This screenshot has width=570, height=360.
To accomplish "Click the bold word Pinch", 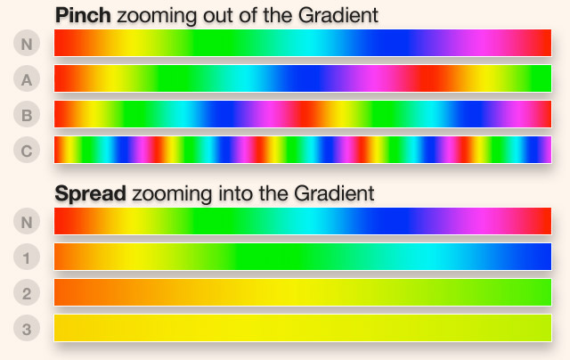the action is click(x=83, y=15).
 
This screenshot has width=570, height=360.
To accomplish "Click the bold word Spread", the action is click(x=91, y=193).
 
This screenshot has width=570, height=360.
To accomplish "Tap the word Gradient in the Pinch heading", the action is click(x=338, y=15).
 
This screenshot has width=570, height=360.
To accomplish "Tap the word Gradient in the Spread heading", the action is click(x=334, y=193).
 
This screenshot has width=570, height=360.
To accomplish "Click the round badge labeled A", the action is click(x=27, y=79).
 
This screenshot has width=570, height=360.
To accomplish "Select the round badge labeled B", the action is click(x=27, y=115).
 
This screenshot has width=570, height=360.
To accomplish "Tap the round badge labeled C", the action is click(x=27, y=151).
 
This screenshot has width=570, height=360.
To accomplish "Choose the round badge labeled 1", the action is click(x=27, y=258).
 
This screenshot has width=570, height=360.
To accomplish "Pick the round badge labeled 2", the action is click(x=27, y=293).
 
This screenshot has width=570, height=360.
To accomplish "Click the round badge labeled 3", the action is click(x=27, y=328).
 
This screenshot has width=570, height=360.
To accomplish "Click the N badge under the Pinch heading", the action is click(x=27, y=44).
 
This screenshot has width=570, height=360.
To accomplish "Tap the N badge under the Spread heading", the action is click(x=27, y=222).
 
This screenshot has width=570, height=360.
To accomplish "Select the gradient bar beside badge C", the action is click(x=303, y=150).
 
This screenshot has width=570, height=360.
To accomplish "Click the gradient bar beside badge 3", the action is click(x=303, y=328).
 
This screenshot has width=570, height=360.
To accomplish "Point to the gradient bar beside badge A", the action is click(x=303, y=78).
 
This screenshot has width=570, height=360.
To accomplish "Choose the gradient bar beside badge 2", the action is click(x=303, y=292).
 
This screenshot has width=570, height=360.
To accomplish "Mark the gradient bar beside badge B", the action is click(x=303, y=114).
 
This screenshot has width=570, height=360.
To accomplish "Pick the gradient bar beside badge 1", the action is click(x=303, y=257).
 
